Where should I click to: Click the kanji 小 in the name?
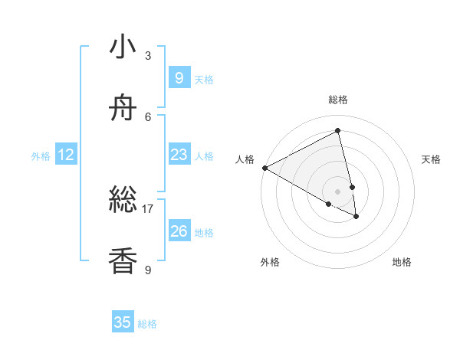coord(123,47)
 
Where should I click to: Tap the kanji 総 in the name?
coord(123,201)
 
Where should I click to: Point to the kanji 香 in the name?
coord(123,261)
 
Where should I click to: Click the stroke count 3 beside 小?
coord(148,56)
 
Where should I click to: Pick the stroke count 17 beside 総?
coord(148,208)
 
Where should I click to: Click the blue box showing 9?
coord(179,77)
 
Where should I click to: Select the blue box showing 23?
coord(179,155)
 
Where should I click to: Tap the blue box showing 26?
coord(179,231)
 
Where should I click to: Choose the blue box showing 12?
coord(66,155)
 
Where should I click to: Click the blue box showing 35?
coord(123,322)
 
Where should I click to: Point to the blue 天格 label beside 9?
coord(204,79)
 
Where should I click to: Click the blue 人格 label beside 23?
coord(204,156)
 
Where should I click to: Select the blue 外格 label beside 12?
coord(41,156)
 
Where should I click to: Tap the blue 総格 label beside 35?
coord(147,324)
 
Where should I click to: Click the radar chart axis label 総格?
coord(338,100)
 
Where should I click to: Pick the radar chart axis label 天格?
coord(431,159)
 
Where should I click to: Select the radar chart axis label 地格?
coord(402,262)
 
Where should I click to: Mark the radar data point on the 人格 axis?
coord(264,168)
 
